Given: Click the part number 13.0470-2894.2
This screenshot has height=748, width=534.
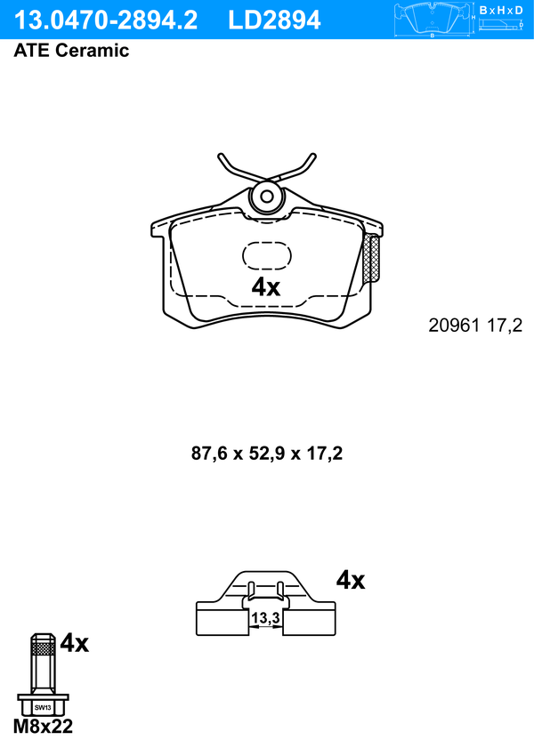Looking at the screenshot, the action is (x=106, y=20).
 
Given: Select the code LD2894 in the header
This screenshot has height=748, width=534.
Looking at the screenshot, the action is (x=274, y=20).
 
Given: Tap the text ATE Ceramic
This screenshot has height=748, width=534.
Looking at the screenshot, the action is (x=71, y=50).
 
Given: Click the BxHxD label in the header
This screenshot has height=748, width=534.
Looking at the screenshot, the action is (x=501, y=10).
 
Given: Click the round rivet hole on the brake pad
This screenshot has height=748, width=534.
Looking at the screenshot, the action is (x=267, y=197).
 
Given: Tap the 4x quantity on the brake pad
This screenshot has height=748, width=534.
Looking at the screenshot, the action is (x=266, y=287).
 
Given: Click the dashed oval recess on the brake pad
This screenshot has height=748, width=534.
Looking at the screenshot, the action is (x=267, y=255).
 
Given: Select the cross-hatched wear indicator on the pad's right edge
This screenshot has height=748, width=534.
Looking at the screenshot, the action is (x=373, y=258).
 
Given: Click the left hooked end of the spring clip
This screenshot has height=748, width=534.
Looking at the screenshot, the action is (x=222, y=158).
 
